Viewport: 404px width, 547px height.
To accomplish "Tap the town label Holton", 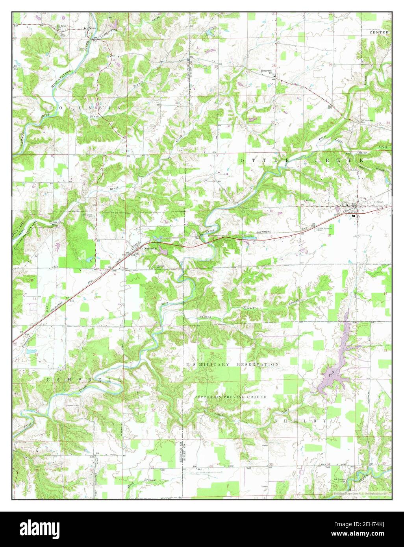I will (x=379, y=201).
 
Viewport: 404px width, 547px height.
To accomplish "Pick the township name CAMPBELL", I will (x=83, y=380).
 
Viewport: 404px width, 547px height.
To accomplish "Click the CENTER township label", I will (x=379, y=32).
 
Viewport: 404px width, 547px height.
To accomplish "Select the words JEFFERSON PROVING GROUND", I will (x=230, y=397).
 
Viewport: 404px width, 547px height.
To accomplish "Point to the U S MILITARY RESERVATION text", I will (x=233, y=365).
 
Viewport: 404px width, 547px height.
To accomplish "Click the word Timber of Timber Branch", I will (x=249, y=308).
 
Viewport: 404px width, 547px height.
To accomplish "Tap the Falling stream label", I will (x=205, y=317).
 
